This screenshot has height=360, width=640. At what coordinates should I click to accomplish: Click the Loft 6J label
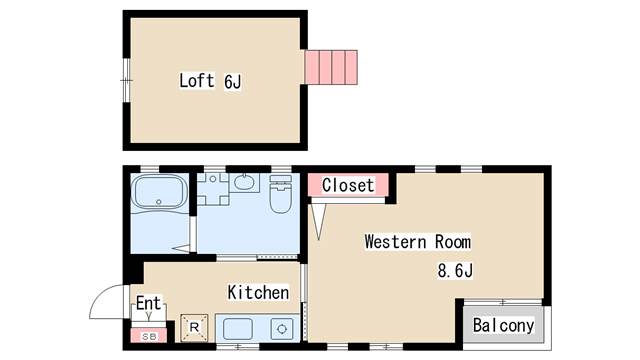210,81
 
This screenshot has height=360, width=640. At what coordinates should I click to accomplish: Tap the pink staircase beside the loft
331,67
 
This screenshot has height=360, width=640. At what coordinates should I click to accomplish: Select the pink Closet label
348,185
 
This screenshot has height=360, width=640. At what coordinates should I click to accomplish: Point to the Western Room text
417,242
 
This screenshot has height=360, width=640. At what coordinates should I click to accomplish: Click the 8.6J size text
455,270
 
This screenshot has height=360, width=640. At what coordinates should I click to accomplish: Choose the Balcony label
503,326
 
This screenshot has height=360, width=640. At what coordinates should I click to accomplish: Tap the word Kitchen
258,293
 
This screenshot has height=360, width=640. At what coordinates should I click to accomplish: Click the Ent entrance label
148,302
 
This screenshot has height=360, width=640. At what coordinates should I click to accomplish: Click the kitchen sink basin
237,328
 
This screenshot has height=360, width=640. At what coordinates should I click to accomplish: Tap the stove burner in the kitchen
282,328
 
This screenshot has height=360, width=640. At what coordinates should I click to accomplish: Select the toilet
280,194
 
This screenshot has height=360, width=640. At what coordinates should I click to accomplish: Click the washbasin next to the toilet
245,184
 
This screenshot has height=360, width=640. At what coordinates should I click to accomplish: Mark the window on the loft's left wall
126,81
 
